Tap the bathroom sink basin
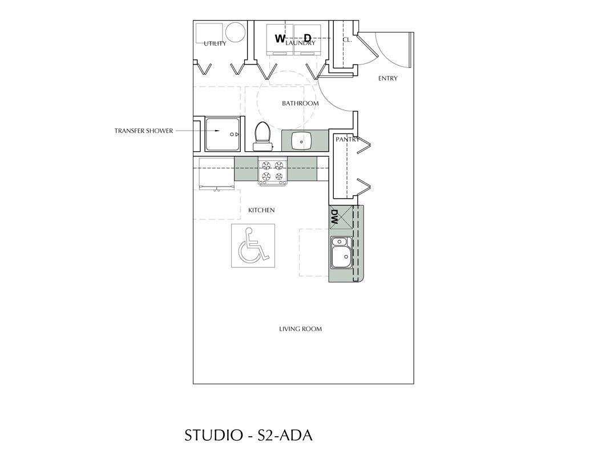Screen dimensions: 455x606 point(301,139)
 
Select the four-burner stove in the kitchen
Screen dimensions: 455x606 point(272,172)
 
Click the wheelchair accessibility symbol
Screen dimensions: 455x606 point(253,245)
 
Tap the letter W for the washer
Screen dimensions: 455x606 point(280,39)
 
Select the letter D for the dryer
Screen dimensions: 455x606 point(307,39)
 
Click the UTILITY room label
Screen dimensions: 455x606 point(215,43)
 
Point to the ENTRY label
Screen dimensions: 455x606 point(387,78)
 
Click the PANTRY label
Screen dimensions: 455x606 point(347,139)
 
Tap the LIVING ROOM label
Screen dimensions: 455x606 point(300,329)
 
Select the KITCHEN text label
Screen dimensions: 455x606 point(261,210)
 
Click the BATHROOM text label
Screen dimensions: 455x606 point(300,103)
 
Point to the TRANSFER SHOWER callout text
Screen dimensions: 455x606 point(143,131)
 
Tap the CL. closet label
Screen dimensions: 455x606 point(347,40)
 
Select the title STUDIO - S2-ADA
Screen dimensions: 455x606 point(248,435)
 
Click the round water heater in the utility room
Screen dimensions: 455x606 point(235,31)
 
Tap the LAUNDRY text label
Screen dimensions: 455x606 point(301,43)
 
